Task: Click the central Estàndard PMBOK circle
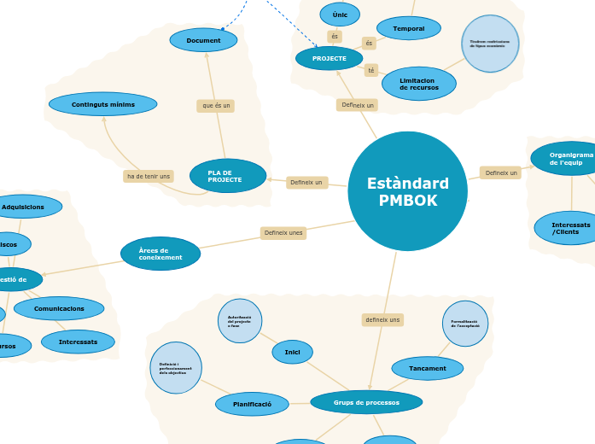pyautogui.click(x=407, y=191)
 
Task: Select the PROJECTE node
pyautogui.click(x=329, y=58)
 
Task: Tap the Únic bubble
pyautogui.click(x=340, y=15)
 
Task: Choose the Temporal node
pyautogui.click(x=408, y=28)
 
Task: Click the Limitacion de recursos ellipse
pyautogui.click(x=418, y=84)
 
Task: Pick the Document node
pyautogui.click(x=203, y=40)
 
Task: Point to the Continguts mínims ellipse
pyautogui.click(x=102, y=104)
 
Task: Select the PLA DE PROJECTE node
pyautogui.click(x=227, y=176)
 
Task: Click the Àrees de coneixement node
pyautogui.click(x=160, y=254)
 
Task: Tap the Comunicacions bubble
pyautogui.click(x=59, y=308)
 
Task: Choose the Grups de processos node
pyautogui.click(x=365, y=402)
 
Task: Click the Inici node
pyautogui.click(x=292, y=352)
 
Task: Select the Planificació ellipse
pyautogui.click(x=252, y=404)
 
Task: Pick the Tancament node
pyautogui.click(x=427, y=368)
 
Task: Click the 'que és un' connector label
pyautogui.click(x=215, y=106)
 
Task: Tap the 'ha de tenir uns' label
pyautogui.click(x=149, y=176)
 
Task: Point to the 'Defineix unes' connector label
pyautogui.click(x=283, y=233)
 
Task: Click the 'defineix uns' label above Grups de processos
pyautogui.click(x=382, y=319)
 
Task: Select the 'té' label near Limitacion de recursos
pyautogui.click(x=370, y=70)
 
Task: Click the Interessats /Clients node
pyautogui.click(x=565, y=228)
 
